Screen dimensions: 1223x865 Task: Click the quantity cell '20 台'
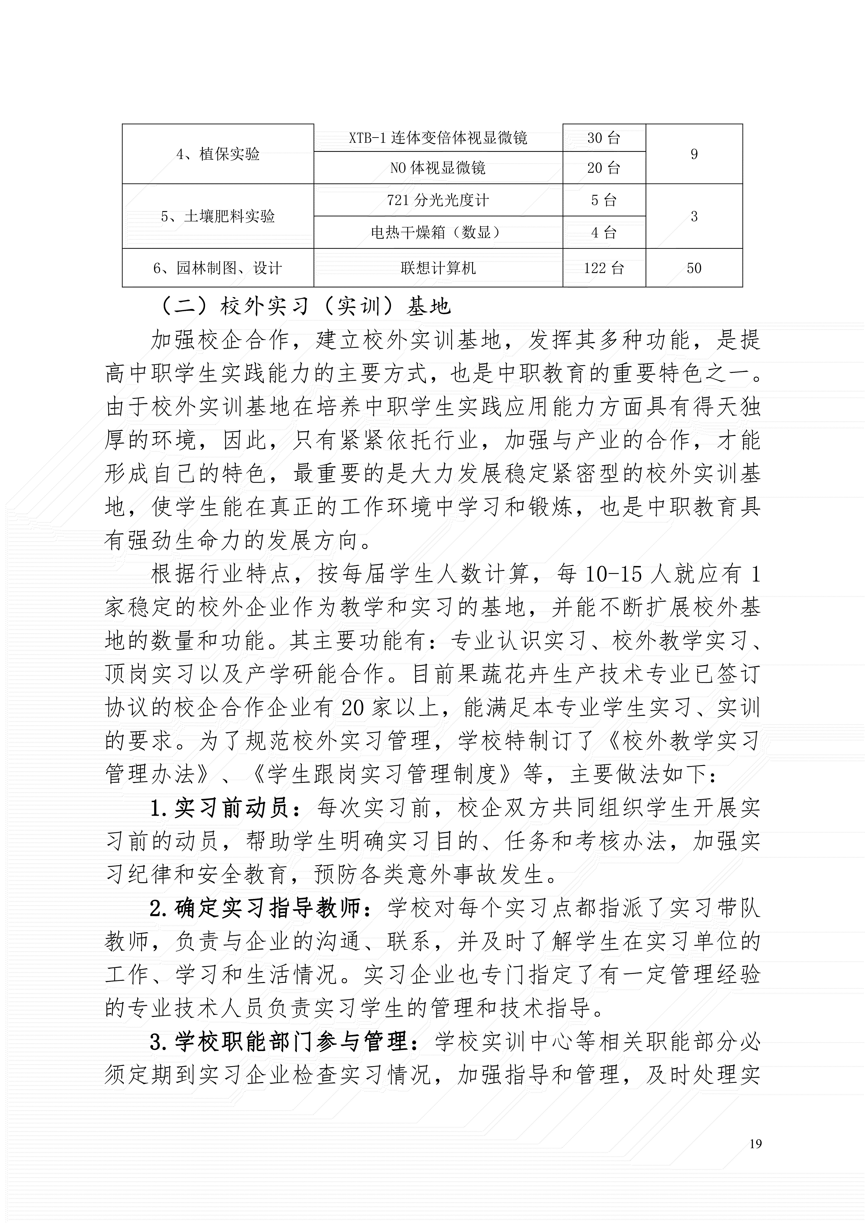click(604, 168)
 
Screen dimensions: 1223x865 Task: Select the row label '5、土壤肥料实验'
click(218, 216)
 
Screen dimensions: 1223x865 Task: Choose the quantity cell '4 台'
click(604, 232)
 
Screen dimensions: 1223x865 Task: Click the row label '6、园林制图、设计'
click(218, 268)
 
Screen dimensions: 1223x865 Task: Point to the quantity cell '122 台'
click(604, 268)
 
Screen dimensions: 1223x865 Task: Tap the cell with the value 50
click(694, 268)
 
